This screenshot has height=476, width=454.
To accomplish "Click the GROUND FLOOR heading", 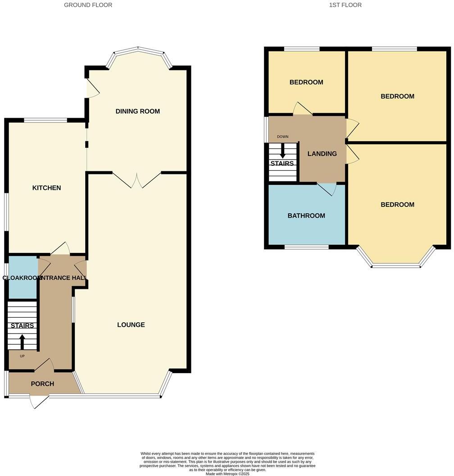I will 88,5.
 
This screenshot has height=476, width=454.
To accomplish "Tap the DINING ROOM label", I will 137,111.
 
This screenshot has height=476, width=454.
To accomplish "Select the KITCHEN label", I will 46,188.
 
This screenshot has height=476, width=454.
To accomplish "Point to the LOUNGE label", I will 131,325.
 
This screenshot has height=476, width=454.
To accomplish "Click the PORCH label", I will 42,384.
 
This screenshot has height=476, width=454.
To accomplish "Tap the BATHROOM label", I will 306,215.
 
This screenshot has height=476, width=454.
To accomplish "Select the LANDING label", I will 322,154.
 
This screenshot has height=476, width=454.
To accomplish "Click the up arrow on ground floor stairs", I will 22,341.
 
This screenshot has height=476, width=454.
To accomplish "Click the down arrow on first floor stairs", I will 282,150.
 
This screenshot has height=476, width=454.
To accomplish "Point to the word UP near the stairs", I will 22,356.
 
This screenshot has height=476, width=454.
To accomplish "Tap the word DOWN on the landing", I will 282,137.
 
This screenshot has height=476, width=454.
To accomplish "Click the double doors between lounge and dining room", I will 136,180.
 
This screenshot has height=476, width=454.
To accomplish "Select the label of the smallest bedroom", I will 306,82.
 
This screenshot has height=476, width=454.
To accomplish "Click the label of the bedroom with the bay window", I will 397,205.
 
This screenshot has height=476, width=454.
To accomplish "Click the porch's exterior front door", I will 38,401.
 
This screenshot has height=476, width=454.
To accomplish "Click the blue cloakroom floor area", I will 23,288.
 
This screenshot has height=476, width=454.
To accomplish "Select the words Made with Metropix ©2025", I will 227,474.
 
